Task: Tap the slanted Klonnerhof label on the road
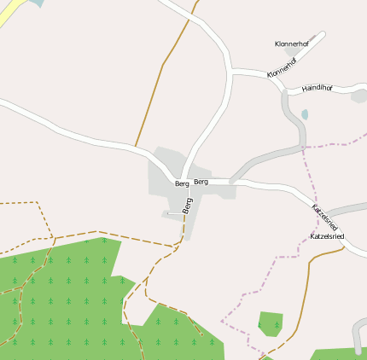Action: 282,68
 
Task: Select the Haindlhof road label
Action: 317,88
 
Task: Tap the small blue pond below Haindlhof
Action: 305,114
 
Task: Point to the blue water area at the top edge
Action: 35,3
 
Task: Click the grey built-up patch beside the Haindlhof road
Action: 358,96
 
